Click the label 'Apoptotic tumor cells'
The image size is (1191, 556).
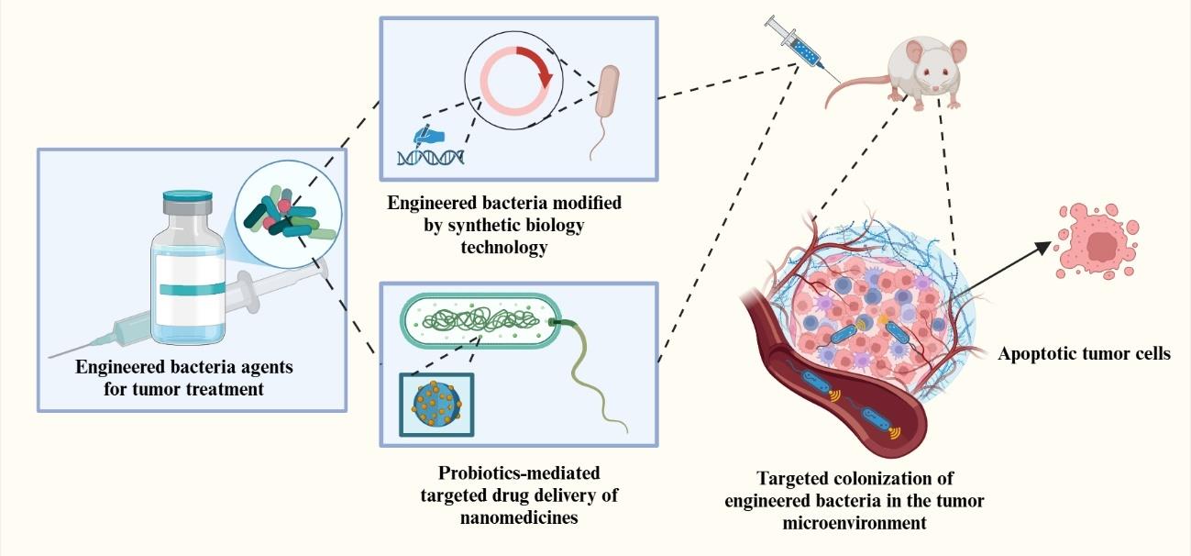[1084, 353]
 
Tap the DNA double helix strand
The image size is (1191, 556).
[428, 157]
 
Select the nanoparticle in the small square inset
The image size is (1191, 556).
[436, 405]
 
